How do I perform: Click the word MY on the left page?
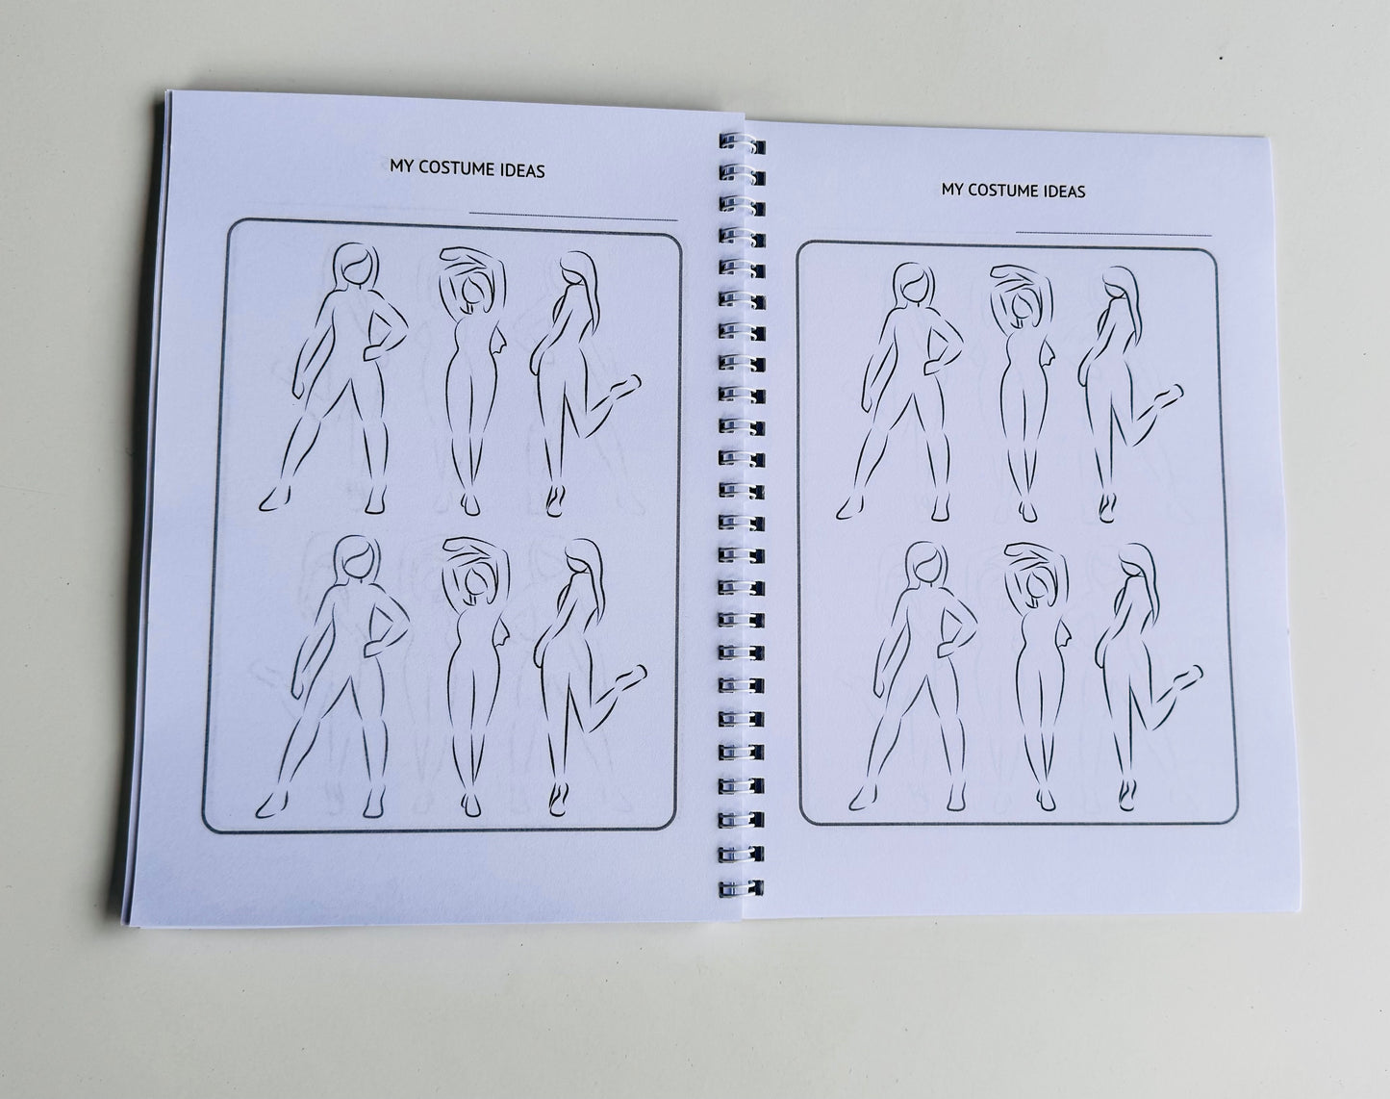point(400,166)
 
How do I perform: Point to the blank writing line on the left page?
point(573,216)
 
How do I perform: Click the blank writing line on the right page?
point(1113,233)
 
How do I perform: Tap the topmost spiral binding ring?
point(742,144)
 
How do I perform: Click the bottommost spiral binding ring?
point(742,888)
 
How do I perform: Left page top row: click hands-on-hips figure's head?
point(357,267)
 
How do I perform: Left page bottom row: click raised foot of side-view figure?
point(630,677)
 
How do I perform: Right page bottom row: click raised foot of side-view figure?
point(1186,677)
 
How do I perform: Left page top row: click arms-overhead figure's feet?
point(471,504)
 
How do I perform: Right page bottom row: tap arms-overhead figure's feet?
point(1047,799)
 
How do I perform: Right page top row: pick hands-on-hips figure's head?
point(915,285)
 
